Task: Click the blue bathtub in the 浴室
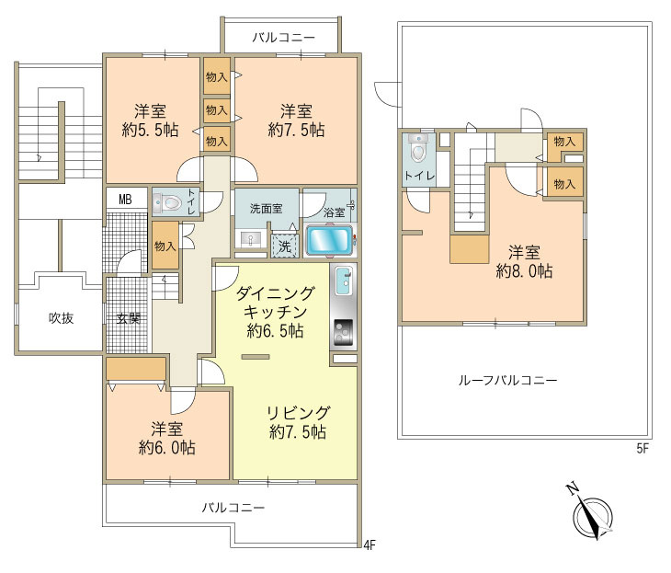(x=329, y=241)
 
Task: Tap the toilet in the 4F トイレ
(x=169, y=202)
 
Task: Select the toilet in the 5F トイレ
(x=417, y=148)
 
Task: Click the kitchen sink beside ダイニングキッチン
(x=344, y=281)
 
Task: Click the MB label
(x=125, y=200)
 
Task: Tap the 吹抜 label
(x=61, y=317)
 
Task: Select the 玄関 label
(x=129, y=318)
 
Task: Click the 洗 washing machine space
(x=285, y=246)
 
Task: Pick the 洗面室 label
(x=267, y=209)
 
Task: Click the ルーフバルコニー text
(x=508, y=380)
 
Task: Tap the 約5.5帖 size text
(x=150, y=131)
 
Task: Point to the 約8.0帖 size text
(x=524, y=271)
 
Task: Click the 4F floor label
(x=370, y=545)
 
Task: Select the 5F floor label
(x=643, y=449)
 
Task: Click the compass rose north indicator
(x=593, y=516)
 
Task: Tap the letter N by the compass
(x=571, y=488)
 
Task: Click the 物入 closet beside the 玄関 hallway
(x=165, y=246)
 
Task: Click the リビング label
(x=298, y=412)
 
